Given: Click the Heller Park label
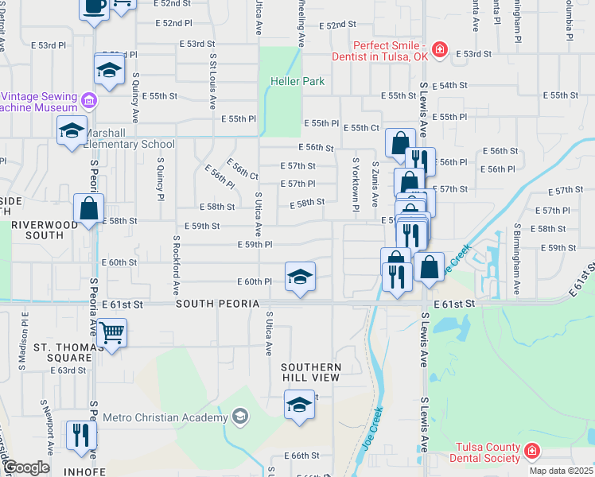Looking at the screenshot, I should [x=297, y=81].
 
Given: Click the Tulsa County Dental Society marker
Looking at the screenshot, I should [x=531, y=452].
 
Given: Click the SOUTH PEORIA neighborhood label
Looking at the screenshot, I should [x=217, y=304].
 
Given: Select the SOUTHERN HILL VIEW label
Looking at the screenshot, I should [x=311, y=372].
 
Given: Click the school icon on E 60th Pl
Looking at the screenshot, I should [x=300, y=277].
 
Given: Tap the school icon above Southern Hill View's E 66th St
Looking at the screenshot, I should [x=299, y=405].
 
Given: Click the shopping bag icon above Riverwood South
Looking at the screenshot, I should [x=88, y=209].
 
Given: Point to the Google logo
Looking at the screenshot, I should [x=26, y=467].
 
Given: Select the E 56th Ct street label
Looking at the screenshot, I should [x=242, y=169].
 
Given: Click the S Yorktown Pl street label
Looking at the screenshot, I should [x=356, y=184].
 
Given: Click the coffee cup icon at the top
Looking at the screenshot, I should [x=95, y=6].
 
